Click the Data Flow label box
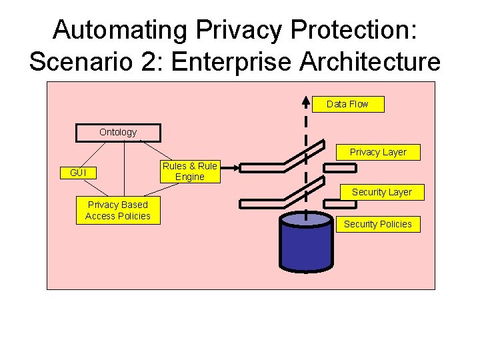(347, 104)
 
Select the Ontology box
(118, 133)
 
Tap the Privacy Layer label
(378, 152)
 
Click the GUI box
(78, 173)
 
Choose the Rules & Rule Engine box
(190, 171)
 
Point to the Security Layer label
(381, 192)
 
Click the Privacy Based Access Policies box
(118, 211)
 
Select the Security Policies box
(377, 224)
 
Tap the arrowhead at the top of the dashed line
(305, 102)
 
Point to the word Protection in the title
(353, 30)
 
